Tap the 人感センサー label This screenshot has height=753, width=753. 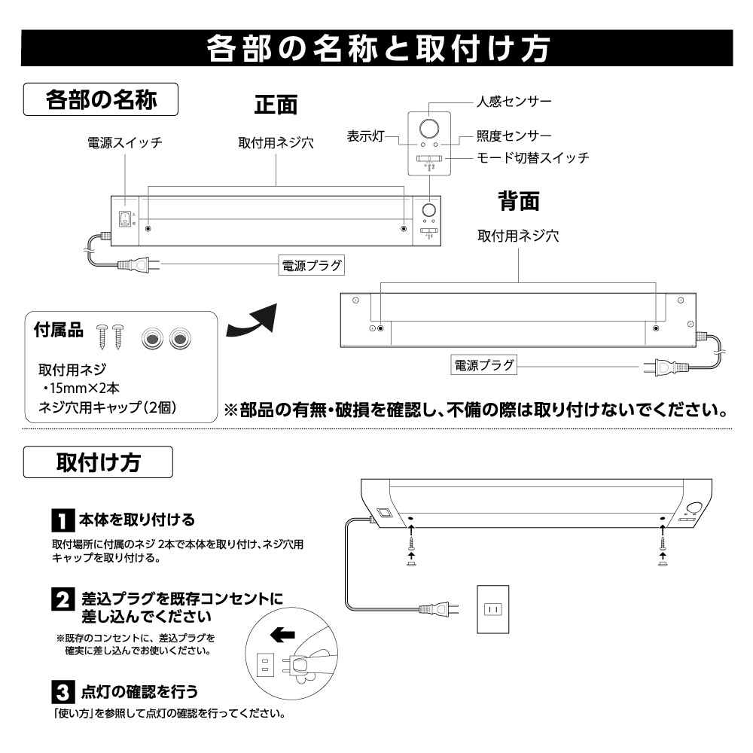point(514,101)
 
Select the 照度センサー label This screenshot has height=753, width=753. point(514,136)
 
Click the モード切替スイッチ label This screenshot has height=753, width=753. point(533,158)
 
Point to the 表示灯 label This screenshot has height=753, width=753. point(366,136)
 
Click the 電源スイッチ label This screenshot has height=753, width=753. point(125,142)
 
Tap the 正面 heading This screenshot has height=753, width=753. point(276,105)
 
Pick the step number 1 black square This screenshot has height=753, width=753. point(61,520)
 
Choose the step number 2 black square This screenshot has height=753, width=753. point(61,600)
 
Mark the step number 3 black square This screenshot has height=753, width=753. point(61,691)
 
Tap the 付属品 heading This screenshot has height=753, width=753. point(57,331)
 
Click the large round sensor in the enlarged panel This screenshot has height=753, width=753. point(429,126)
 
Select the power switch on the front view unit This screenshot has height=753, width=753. point(125,218)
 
